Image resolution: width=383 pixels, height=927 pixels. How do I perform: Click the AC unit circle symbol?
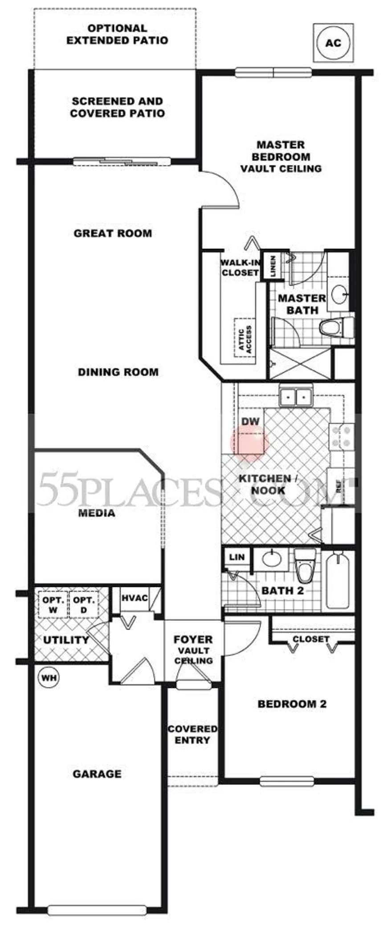coord(333,43)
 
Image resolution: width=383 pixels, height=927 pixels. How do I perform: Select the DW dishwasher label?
coord(250,421)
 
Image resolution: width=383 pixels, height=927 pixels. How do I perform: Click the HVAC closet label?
coord(134,598)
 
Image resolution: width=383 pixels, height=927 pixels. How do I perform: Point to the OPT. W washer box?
coord(53,605)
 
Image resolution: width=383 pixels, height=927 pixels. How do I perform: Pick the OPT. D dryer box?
coord(83,605)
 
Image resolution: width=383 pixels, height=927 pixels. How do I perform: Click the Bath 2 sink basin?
coord(274,559)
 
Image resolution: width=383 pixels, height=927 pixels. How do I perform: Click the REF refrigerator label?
coord(338,487)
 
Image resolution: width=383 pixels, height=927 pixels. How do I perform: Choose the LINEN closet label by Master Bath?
coord(273,265)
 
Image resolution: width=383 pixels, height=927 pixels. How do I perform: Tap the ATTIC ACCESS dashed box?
coord(244,337)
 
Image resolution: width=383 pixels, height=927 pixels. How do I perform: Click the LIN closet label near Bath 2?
coord(237,557)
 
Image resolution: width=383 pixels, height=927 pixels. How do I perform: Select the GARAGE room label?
coord(97,774)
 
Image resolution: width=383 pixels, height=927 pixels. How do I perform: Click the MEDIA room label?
coord(97,512)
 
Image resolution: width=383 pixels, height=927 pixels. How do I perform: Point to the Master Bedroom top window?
coord(273,72)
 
